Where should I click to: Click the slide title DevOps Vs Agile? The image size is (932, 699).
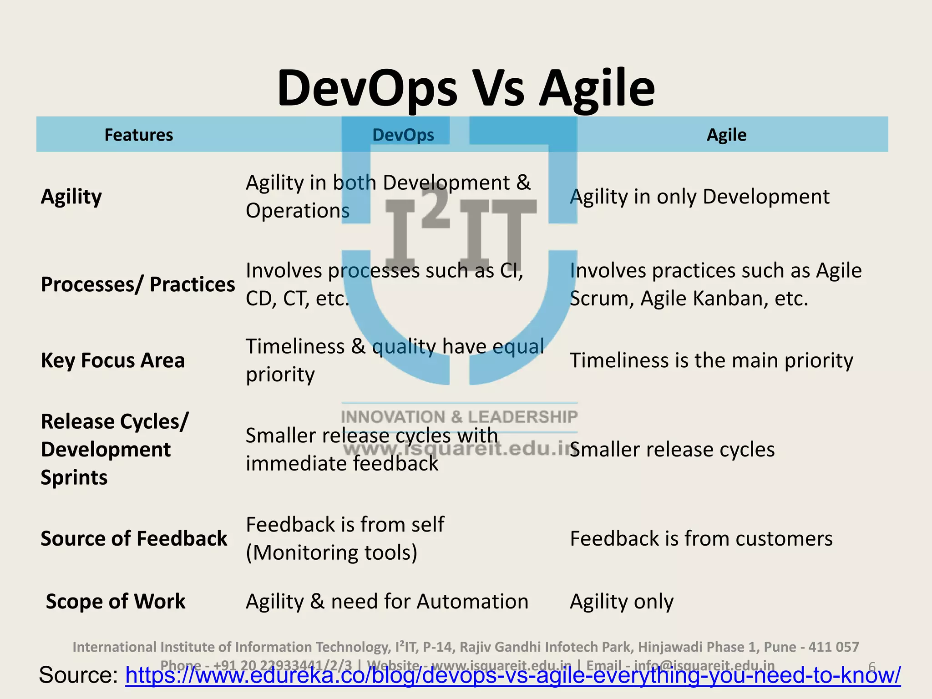click(x=466, y=88)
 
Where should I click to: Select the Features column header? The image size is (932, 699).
click(x=139, y=135)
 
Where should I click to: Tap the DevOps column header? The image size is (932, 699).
click(x=403, y=135)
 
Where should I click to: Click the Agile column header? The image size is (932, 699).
click(x=726, y=135)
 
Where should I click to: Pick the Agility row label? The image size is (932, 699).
click(x=71, y=197)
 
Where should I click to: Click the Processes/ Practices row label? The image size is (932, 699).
click(x=138, y=284)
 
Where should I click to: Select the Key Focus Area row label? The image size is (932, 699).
click(x=113, y=360)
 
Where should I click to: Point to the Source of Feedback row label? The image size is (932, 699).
click(x=134, y=538)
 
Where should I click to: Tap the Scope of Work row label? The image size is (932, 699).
click(x=116, y=601)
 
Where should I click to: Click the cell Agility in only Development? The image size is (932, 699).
click(x=699, y=197)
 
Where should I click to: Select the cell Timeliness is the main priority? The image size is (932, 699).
click(x=711, y=360)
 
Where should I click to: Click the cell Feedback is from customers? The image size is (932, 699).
click(x=701, y=538)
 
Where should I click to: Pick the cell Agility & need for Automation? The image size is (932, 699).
click(x=387, y=601)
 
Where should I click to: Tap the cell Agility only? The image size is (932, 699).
click(x=621, y=601)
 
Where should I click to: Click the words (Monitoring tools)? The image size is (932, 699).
click(x=331, y=552)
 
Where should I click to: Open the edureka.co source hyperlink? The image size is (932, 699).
click(x=512, y=675)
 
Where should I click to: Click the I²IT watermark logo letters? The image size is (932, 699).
click(x=460, y=228)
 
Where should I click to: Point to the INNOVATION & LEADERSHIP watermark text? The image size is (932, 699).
click(x=459, y=417)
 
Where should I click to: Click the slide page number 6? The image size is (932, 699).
click(x=872, y=666)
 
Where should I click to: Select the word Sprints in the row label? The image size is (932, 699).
click(x=74, y=477)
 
